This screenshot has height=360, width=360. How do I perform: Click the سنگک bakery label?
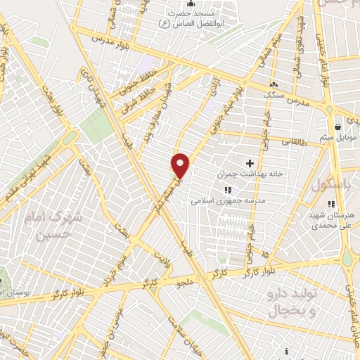click(271, 94)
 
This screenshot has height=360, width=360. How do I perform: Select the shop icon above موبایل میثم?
click(340, 127)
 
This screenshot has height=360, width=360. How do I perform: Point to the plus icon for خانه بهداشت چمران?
click(250, 162)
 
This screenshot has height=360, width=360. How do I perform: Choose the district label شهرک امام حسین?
click(57, 228)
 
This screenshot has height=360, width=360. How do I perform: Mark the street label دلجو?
click(186, 283)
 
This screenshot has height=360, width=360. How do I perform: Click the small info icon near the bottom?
click(286, 351)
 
